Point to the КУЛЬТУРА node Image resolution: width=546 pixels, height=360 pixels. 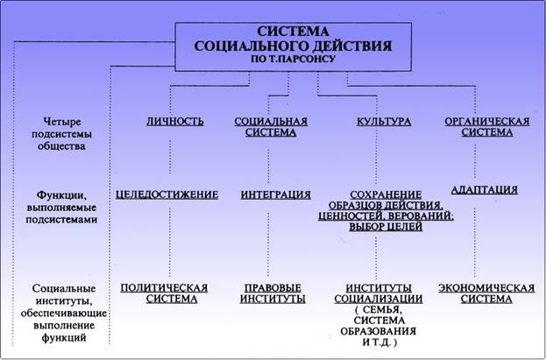coord(383,121)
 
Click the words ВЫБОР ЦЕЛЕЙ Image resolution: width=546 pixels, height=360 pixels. coord(385,227)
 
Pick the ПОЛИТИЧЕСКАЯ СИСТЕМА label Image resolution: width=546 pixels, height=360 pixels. coord(164,293)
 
